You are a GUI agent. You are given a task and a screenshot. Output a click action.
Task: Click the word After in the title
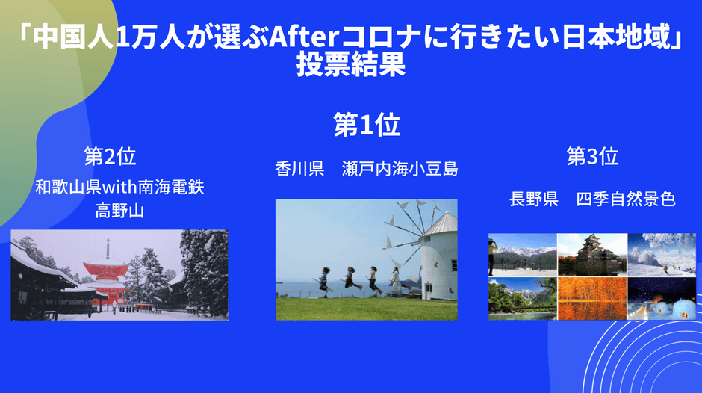click(x=305, y=37)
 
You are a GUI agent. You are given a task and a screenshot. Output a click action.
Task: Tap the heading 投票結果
click(x=351, y=65)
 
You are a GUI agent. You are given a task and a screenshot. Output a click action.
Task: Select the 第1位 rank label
click(x=367, y=125)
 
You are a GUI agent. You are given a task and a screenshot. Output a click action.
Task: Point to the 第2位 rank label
click(x=110, y=156)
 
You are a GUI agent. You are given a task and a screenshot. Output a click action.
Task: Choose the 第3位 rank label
click(x=592, y=156)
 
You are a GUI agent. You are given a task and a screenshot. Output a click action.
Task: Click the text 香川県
click(x=299, y=169)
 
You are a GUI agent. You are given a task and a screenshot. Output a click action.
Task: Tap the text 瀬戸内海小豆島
click(x=400, y=169)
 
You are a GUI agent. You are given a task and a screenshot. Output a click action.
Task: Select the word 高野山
click(x=119, y=210)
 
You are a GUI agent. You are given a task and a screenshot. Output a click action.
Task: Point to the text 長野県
click(x=534, y=199)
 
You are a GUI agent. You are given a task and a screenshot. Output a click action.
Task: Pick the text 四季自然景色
click(x=626, y=199)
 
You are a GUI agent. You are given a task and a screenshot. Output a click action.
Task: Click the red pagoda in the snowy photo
click(x=107, y=278)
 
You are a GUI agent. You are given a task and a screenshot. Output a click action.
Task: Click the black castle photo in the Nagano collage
click(x=592, y=254)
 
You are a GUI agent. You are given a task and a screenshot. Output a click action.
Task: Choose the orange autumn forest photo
click(x=592, y=298)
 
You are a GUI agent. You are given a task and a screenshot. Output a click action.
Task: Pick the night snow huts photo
click(x=662, y=298)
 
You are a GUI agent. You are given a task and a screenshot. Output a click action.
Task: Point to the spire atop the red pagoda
click(x=108, y=250)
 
